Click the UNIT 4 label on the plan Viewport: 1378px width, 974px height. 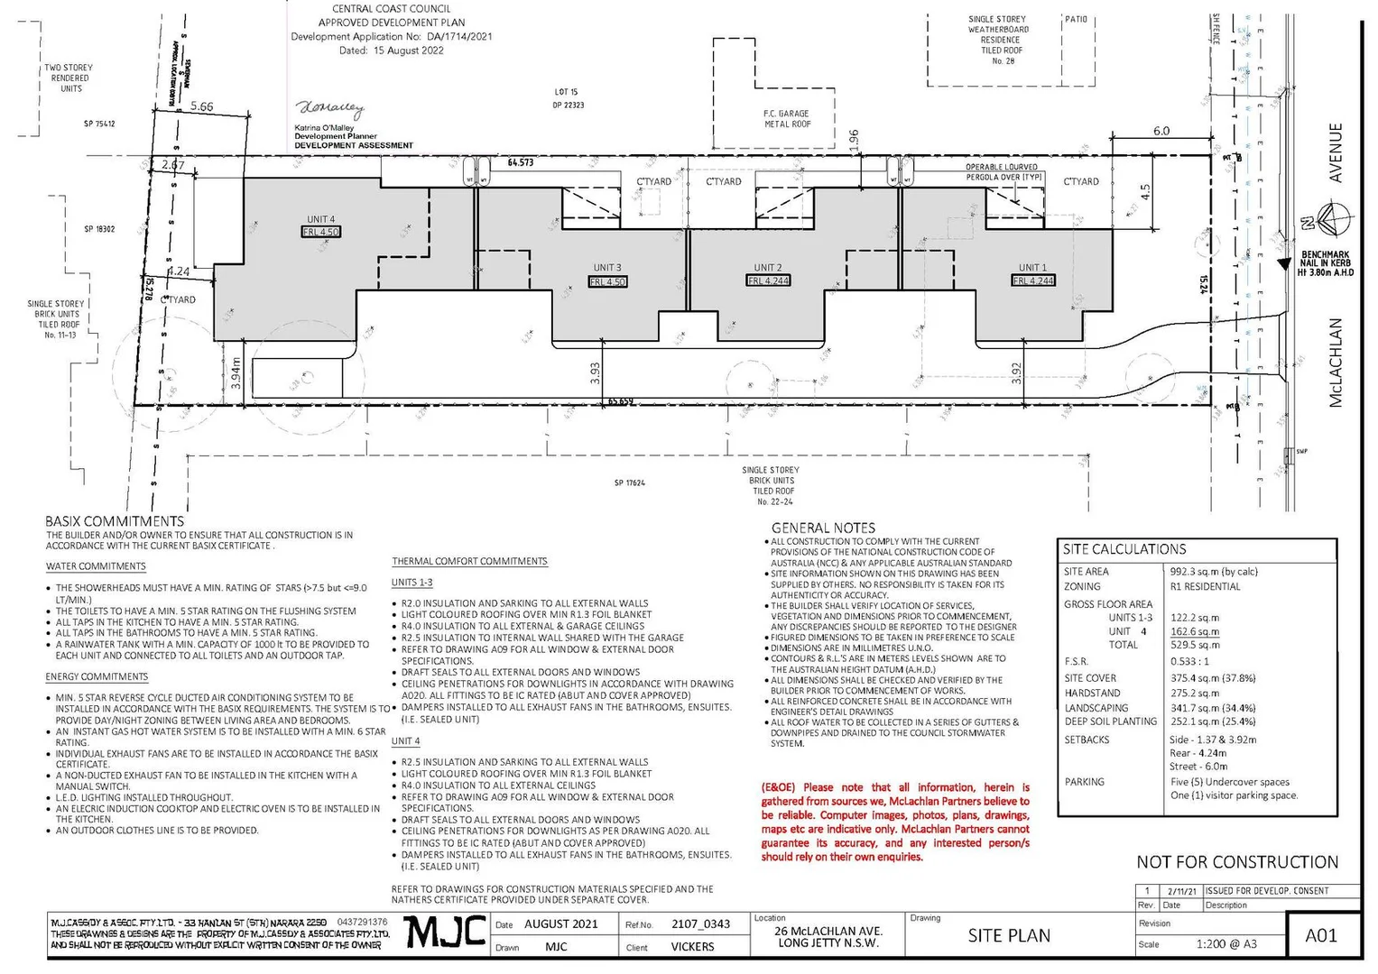click(x=320, y=219)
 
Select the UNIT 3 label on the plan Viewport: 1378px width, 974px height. click(x=606, y=268)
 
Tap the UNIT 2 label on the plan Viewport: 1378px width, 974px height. click(x=768, y=268)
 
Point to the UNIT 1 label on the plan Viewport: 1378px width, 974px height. click(x=1032, y=268)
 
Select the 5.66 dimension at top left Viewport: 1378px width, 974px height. click(x=202, y=106)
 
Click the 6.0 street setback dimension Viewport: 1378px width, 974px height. click(x=1161, y=131)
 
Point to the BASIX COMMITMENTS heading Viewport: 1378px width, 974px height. click(x=115, y=521)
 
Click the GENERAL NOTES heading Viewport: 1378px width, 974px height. click(x=823, y=528)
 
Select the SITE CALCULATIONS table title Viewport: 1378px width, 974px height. click(x=1124, y=549)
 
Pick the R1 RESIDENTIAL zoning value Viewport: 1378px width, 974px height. click(x=1205, y=586)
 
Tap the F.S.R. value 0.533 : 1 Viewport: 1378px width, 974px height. click(x=1191, y=661)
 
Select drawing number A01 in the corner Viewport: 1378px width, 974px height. click(x=1321, y=935)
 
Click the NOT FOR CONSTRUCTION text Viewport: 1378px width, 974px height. click(x=1237, y=862)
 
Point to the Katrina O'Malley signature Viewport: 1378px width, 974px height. click(x=330, y=109)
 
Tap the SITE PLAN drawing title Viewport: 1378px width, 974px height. click(x=1009, y=936)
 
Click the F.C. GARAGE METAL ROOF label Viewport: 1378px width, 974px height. click(x=787, y=119)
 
